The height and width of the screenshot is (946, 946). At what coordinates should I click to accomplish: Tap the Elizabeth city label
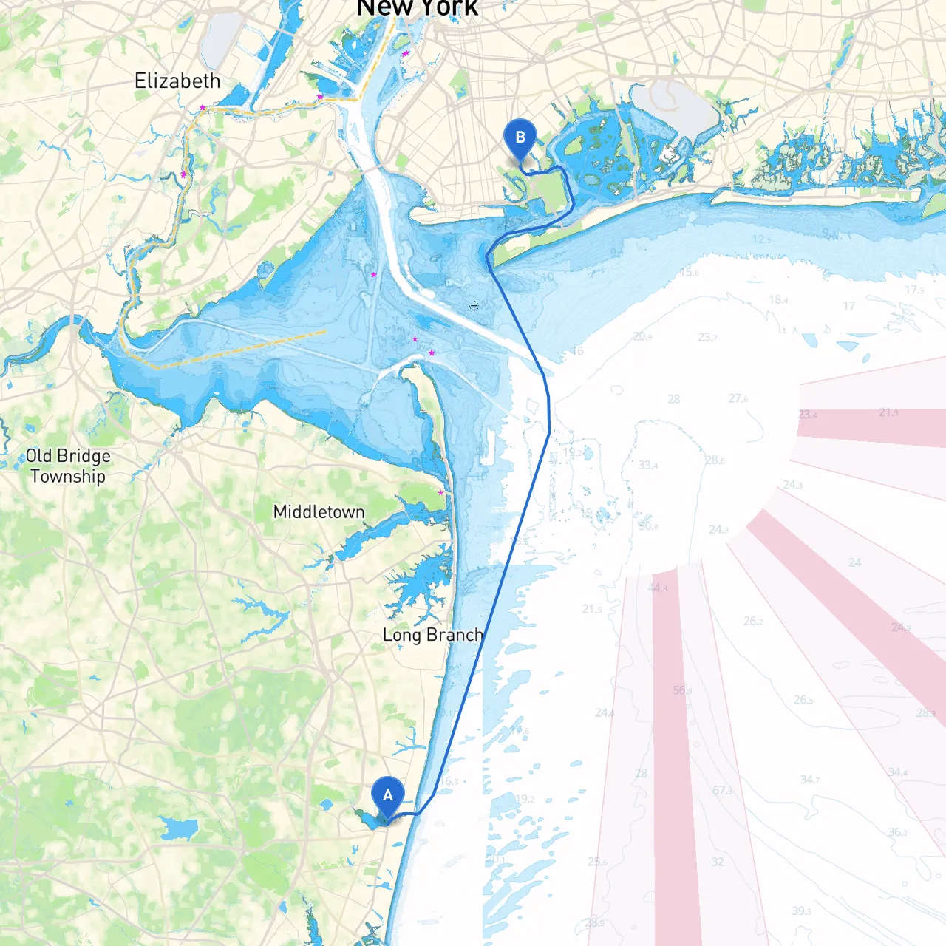177,81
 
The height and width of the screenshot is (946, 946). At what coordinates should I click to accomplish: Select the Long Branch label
433,635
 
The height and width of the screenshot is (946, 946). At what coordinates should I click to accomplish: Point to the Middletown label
319,511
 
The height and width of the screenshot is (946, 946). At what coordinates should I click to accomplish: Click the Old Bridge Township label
68,466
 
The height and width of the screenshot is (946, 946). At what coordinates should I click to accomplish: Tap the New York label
418,8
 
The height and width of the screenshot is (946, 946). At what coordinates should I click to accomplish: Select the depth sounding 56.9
682,690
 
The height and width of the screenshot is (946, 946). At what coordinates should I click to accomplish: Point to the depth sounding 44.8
657,588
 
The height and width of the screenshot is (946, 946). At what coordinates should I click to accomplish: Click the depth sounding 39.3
801,911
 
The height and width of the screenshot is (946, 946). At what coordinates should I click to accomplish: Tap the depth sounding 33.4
647,465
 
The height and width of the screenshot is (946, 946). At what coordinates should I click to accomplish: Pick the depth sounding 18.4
778,299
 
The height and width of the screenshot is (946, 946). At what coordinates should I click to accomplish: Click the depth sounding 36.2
897,832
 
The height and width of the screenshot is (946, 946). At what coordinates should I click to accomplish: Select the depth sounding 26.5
803,699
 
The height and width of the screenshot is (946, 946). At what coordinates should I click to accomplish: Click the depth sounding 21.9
591,609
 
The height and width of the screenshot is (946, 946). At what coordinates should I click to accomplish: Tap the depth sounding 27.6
738,398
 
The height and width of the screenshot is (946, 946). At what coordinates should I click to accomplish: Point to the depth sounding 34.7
809,779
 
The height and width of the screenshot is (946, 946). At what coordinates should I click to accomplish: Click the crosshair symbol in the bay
474,305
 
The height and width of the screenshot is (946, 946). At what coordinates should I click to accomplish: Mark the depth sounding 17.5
914,290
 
